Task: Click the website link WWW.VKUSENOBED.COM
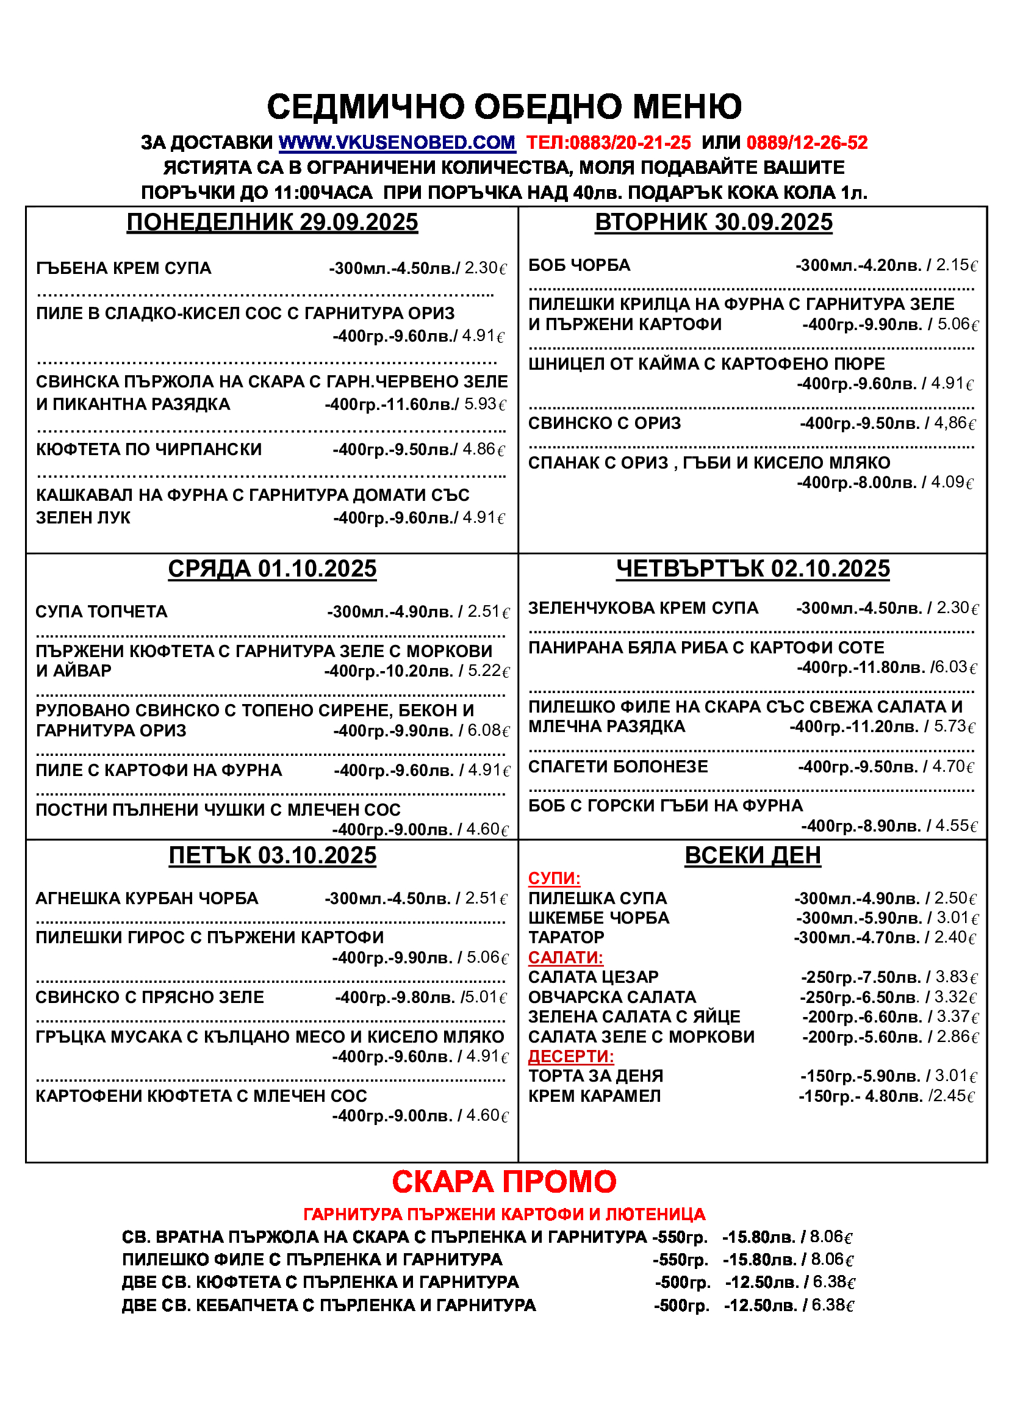[x=397, y=143]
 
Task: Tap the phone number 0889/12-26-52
[x=806, y=143]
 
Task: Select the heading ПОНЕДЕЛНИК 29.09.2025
[x=272, y=222]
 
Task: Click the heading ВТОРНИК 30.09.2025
[x=713, y=222]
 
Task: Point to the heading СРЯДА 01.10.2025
[x=272, y=569]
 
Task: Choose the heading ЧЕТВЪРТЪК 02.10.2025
[x=752, y=569]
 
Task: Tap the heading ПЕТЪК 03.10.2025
[x=272, y=855]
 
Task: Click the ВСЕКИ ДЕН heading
[x=752, y=855]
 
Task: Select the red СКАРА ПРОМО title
[x=504, y=1181]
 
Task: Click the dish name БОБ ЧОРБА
[x=579, y=265]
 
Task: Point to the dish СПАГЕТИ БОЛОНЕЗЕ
[x=617, y=766]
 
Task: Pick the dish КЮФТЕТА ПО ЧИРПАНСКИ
[x=149, y=450]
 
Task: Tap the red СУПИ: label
[x=554, y=878]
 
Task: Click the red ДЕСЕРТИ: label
[x=571, y=1056]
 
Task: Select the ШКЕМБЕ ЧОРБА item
[x=598, y=918]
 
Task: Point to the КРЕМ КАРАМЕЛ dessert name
[x=594, y=1096]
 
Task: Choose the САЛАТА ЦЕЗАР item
[x=593, y=977]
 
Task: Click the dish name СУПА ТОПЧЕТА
[x=101, y=611]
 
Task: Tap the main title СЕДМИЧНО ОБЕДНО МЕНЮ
[x=504, y=106]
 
